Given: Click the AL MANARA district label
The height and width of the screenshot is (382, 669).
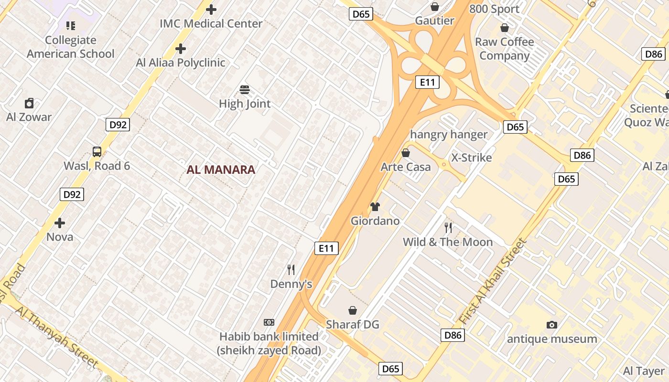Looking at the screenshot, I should [221, 170].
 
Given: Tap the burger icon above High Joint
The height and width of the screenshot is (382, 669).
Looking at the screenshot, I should [245, 90].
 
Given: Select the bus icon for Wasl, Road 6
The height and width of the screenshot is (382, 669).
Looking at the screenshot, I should [97, 152].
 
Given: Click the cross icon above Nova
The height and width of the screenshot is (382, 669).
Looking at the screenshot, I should [60, 223].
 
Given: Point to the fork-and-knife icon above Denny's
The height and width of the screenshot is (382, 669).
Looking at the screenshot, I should [291, 270].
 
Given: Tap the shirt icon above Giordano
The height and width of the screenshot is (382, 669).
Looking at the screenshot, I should [375, 207].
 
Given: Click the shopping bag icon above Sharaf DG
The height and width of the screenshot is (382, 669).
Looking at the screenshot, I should [353, 310].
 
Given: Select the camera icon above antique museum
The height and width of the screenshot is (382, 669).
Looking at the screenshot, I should [552, 325].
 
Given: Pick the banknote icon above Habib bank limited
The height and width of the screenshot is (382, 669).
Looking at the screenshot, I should [269, 322].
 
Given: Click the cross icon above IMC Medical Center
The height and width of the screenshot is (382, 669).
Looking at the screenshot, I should [211, 9].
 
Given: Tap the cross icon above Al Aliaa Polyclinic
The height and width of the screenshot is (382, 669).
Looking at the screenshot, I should [180, 48].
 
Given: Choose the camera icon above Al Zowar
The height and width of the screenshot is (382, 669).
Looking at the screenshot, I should [29, 103].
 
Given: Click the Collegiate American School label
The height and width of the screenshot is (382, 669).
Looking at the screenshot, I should [71, 47].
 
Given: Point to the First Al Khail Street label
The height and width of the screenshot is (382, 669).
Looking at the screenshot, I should [493, 282].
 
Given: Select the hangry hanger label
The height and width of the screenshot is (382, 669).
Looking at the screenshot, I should [449, 135].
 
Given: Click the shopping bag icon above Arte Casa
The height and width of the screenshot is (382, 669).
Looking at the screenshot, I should [406, 153].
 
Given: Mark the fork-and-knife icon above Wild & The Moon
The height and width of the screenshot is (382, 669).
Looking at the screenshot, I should [448, 227].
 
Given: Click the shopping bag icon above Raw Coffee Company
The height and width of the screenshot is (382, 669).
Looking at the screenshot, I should [504, 28].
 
